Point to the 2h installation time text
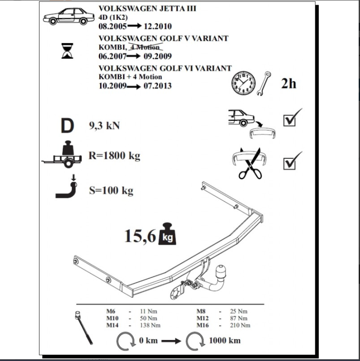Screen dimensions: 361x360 (x=288, y=83)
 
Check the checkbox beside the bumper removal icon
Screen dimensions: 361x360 (x=290, y=120)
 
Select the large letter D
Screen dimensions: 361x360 (x=68, y=126)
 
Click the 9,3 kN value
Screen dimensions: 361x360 (x=104, y=126)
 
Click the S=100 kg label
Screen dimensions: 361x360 (x=111, y=191)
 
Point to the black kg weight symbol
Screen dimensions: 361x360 (x=168, y=235)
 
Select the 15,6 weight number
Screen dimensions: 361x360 (x=140, y=236)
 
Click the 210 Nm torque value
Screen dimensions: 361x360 (x=240, y=325)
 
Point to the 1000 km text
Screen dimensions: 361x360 (x=224, y=340)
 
